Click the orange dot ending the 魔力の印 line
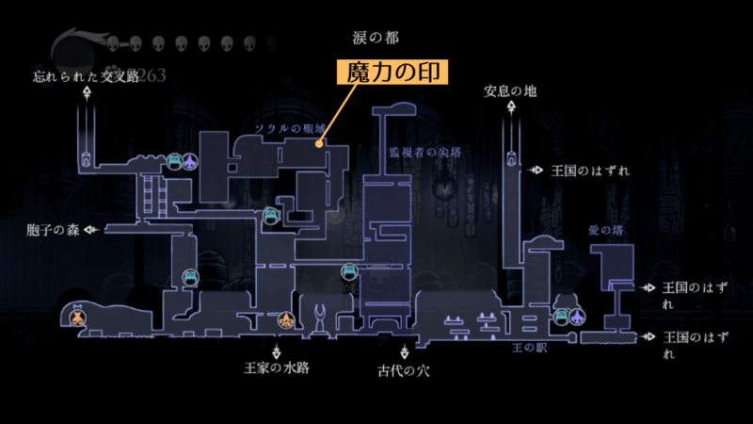321,145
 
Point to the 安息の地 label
510,91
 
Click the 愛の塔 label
605,229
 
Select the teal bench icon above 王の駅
563,316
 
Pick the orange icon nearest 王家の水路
285,322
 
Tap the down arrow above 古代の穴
403,350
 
